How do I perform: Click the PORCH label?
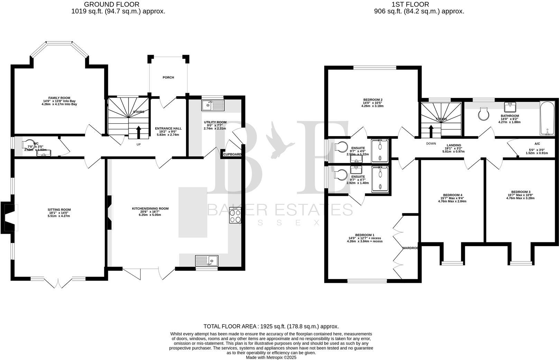(168, 78)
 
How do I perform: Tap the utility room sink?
(213, 105)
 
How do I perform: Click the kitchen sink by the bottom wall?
(207, 260)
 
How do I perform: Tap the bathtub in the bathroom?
(547, 119)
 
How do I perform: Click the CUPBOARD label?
(232, 154)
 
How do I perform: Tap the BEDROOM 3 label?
(521, 192)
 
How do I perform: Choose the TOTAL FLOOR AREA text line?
(271, 326)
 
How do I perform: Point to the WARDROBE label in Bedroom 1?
(410, 248)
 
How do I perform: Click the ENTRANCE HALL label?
(168, 128)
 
